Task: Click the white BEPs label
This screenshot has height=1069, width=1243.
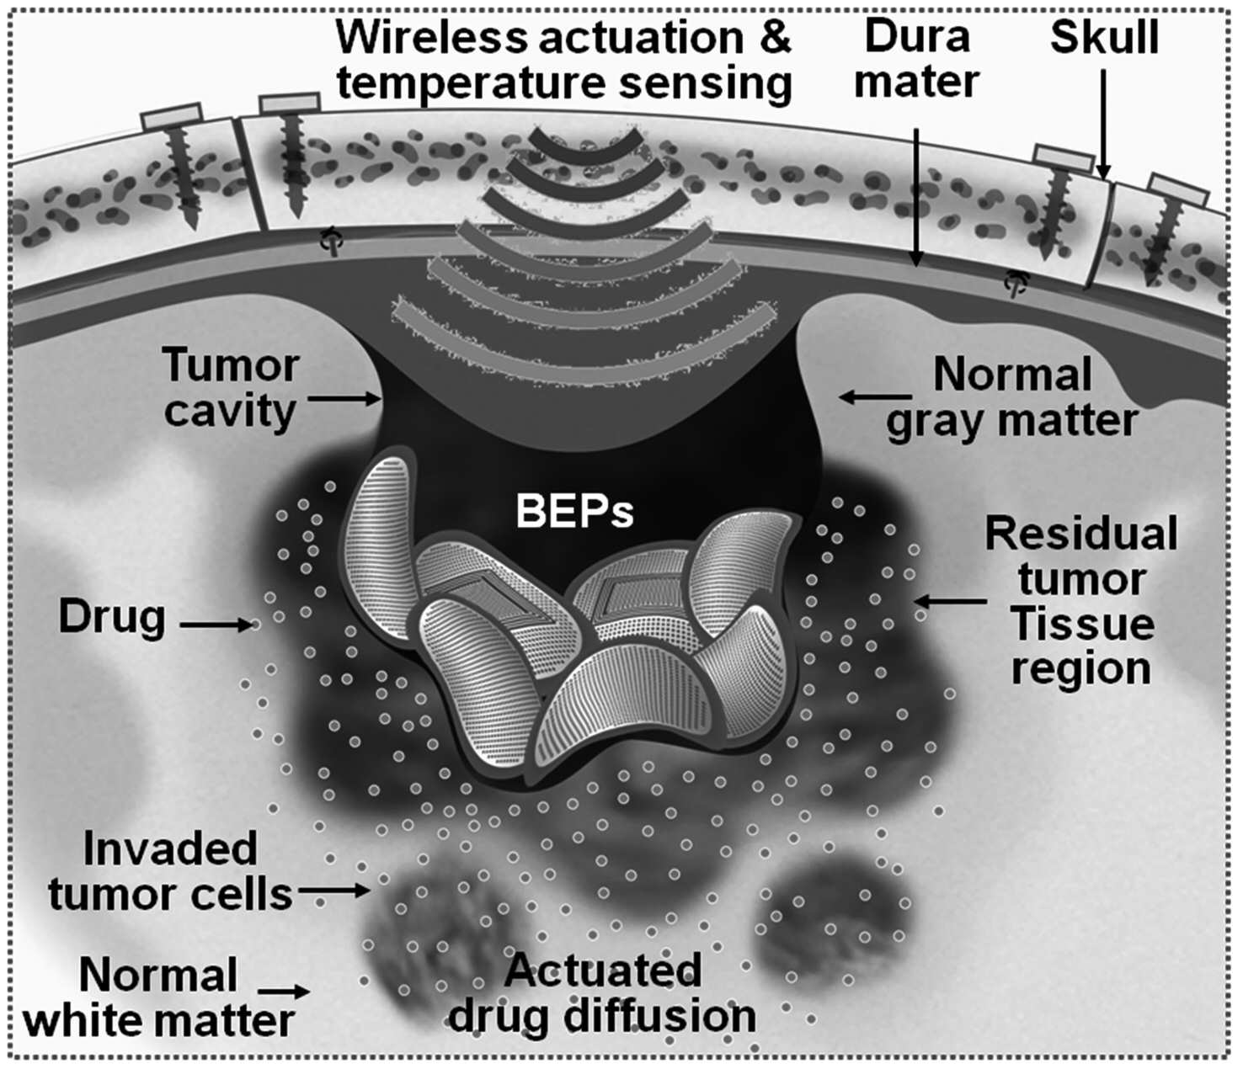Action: [574, 511]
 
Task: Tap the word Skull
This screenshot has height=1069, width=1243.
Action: [1104, 37]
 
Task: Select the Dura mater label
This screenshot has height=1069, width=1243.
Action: [917, 59]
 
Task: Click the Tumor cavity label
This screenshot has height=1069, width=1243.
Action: [232, 389]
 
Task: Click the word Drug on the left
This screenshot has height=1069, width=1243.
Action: [112, 618]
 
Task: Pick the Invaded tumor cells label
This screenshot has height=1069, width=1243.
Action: [170, 871]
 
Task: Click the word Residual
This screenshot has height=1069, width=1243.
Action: [1081, 534]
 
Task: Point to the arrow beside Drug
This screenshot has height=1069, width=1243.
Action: [217, 625]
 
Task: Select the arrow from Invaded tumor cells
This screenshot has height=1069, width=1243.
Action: [333, 891]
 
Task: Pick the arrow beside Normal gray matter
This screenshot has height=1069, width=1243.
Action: [875, 396]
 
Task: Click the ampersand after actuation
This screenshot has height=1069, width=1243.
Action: [772, 37]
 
